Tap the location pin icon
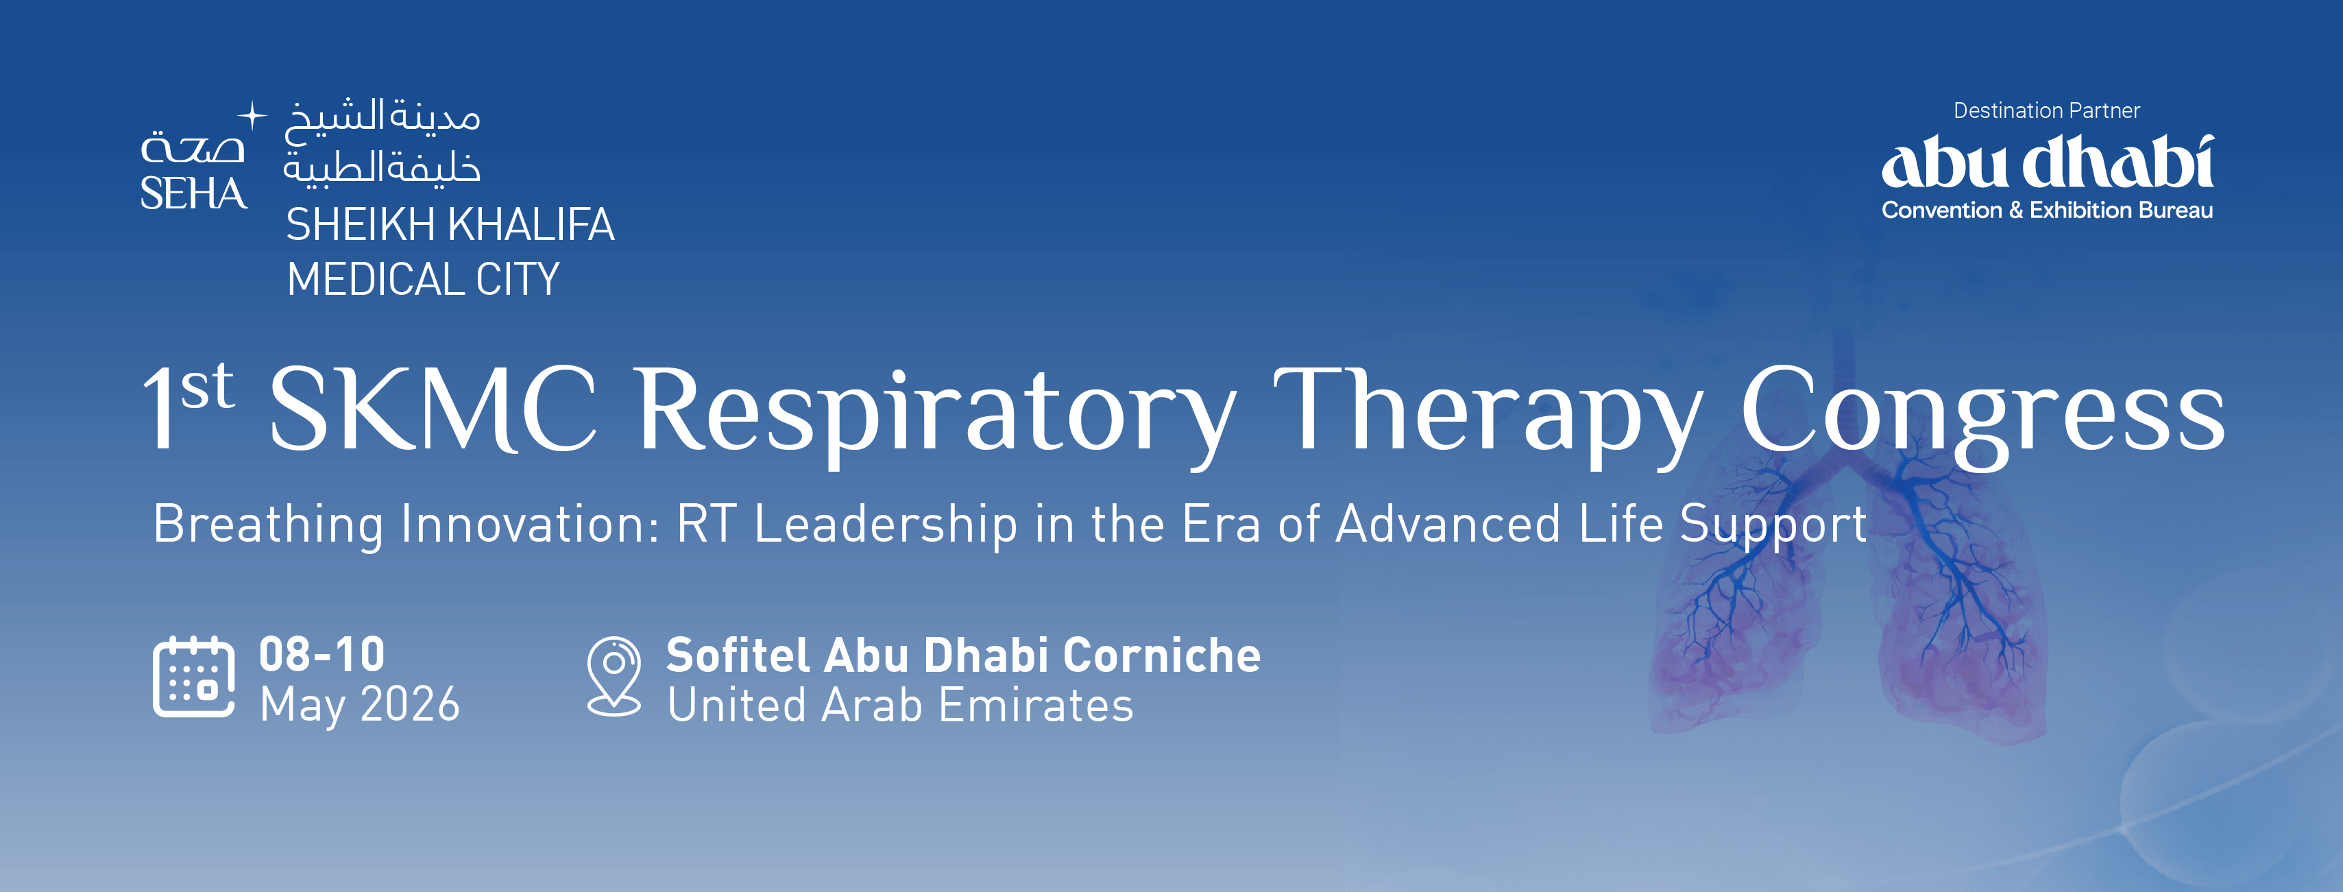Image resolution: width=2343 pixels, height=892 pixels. pos(614,675)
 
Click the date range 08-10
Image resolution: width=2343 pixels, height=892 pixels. pos(322,654)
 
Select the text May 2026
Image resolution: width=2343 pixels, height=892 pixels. pos(359,705)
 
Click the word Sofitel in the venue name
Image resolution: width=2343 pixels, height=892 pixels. pos(738,655)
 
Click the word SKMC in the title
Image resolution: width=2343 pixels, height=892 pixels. pos(433,409)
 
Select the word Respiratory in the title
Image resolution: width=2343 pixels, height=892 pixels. pos(936,413)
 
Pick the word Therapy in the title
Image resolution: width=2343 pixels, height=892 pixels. pos(1488,413)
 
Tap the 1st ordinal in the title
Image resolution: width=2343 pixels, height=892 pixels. pos(189,405)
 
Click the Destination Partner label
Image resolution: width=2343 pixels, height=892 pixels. pos(2046,111)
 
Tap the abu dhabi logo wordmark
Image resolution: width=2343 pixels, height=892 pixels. pos(2046,164)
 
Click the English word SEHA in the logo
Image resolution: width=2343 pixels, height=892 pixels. pos(193,193)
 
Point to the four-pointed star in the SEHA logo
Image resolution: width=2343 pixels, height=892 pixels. pos(252,115)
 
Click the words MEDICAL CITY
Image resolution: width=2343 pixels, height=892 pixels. pos(423,279)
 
